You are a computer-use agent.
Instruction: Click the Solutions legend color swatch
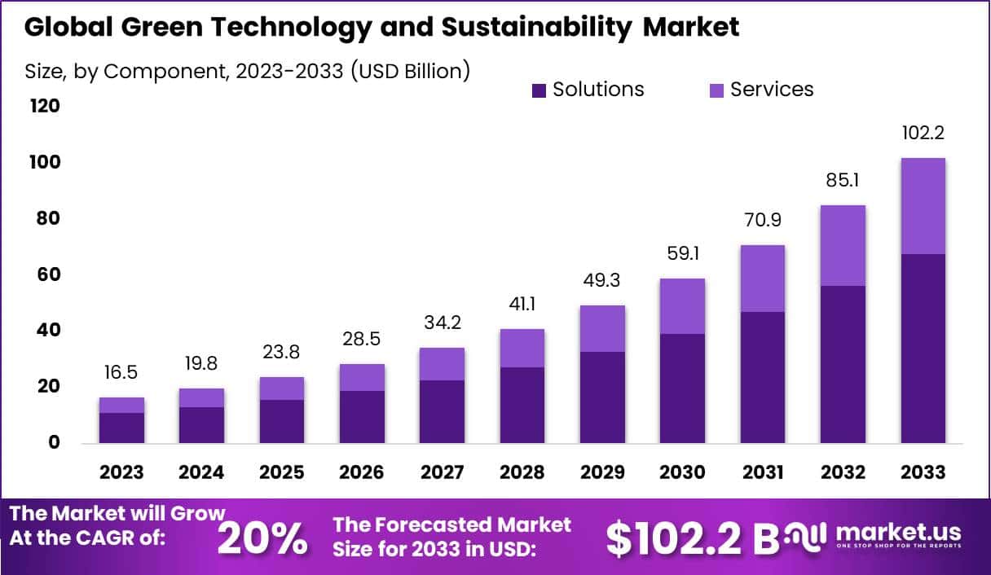point(539,90)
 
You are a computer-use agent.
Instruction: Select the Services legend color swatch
point(716,90)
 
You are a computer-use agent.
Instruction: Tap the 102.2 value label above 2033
point(923,134)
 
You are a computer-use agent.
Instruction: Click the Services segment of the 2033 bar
point(923,206)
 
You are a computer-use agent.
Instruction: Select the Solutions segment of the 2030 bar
point(682,388)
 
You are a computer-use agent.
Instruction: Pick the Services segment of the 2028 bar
point(522,348)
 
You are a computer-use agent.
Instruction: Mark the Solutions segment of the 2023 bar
point(122,428)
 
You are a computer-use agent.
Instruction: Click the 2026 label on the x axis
point(362,472)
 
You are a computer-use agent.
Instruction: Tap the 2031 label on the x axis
point(762,472)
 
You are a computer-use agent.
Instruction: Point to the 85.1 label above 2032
point(842,181)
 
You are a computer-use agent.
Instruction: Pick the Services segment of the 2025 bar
point(282,388)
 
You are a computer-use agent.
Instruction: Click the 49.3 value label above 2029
point(602,282)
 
